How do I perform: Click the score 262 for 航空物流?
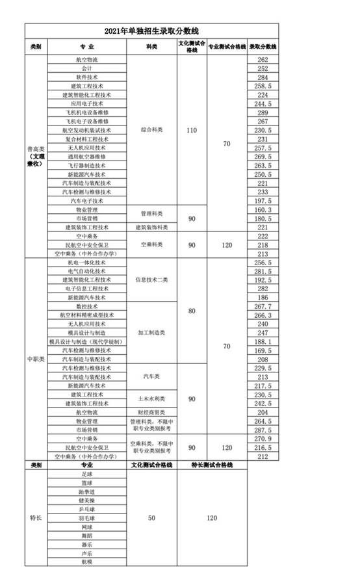tap(263, 60)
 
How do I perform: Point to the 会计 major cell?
tap(86, 68)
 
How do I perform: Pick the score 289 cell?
tap(263, 112)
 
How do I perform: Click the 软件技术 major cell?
tap(86, 77)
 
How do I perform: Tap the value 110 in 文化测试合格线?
tap(191, 131)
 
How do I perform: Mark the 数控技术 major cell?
tap(86, 305)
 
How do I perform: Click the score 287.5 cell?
tap(263, 430)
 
